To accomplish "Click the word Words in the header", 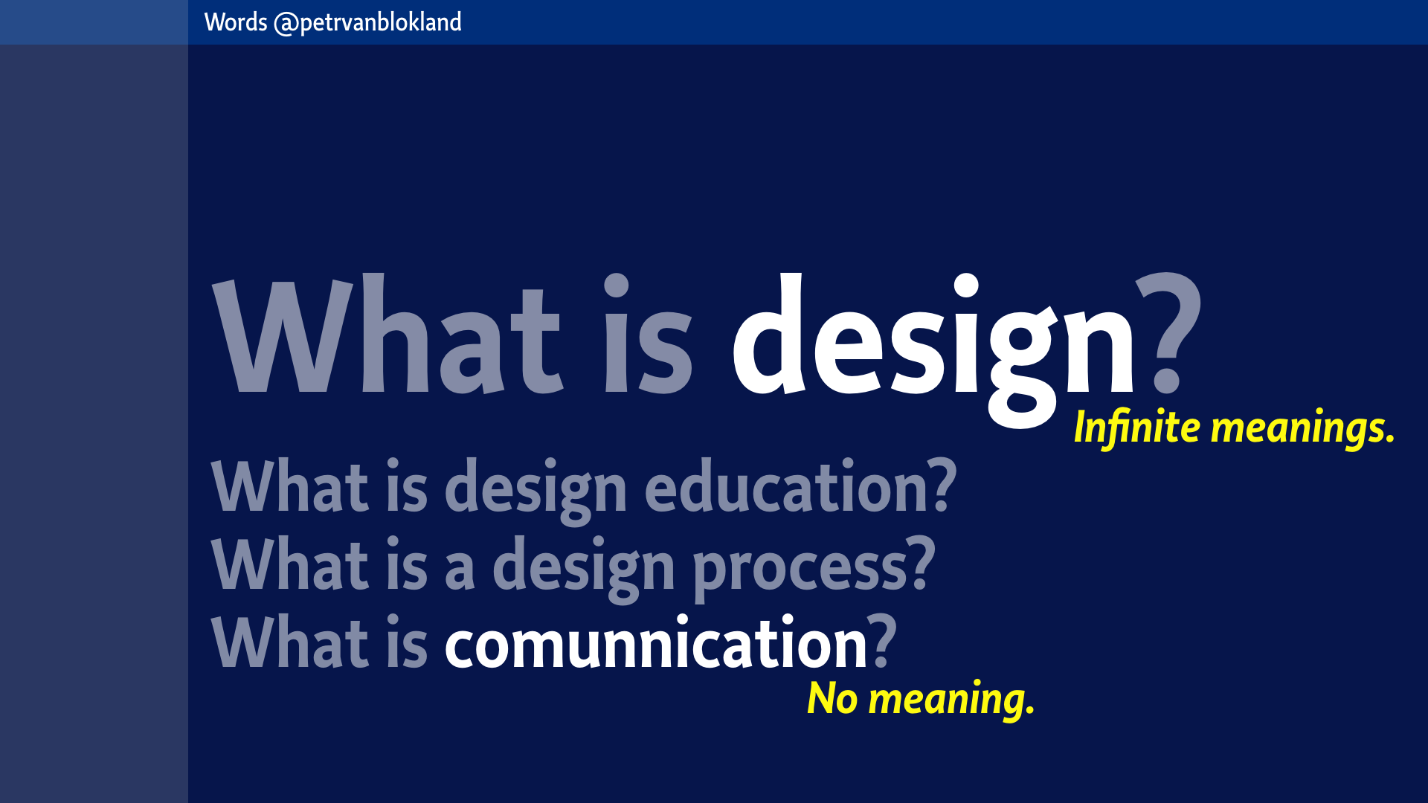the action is (x=236, y=22).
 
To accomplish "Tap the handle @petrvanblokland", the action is (x=368, y=23).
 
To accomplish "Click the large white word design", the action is (x=933, y=349).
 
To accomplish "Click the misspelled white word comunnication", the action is (x=656, y=642).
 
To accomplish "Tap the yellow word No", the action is (x=832, y=698).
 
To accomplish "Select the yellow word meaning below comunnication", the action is (x=951, y=700).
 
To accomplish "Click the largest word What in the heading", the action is (x=387, y=334).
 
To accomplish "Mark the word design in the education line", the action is (x=535, y=489).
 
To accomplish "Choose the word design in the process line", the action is (x=584, y=568).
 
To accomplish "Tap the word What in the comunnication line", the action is (x=290, y=642).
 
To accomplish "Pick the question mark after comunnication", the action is (x=884, y=641).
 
